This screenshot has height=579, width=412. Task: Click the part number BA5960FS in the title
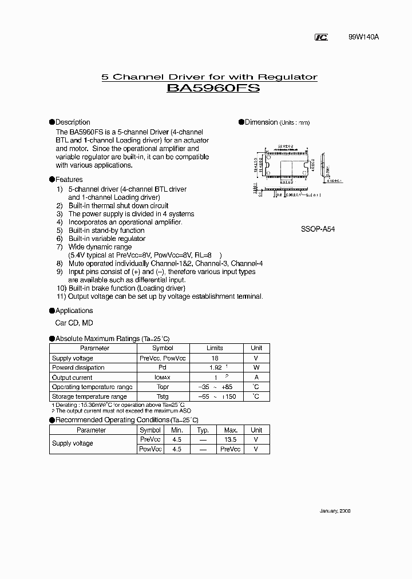(x=213, y=89)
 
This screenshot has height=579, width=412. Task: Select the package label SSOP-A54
(x=318, y=228)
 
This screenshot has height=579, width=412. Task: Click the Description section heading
(x=73, y=122)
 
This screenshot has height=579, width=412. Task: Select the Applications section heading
(x=74, y=311)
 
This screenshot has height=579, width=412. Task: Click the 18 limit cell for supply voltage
(x=215, y=358)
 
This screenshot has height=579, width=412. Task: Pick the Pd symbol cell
(x=163, y=368)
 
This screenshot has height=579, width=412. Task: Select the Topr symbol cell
(x=163, y=387)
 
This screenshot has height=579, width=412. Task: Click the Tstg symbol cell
(x=163, y=396)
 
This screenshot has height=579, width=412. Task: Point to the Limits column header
(x=215, y=348)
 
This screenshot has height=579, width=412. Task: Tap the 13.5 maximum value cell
(x=231, y=439)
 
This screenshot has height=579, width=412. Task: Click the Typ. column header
(x=203, y=430)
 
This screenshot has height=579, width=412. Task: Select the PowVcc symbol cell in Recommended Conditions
(x=150, y=449)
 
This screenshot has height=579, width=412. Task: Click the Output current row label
(x=72, y=378)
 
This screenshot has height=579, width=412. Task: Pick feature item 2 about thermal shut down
(x=118, y=205)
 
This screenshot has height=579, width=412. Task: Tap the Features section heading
(x=69, y=180)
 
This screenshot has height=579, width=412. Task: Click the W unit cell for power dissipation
(x=256, y=368)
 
